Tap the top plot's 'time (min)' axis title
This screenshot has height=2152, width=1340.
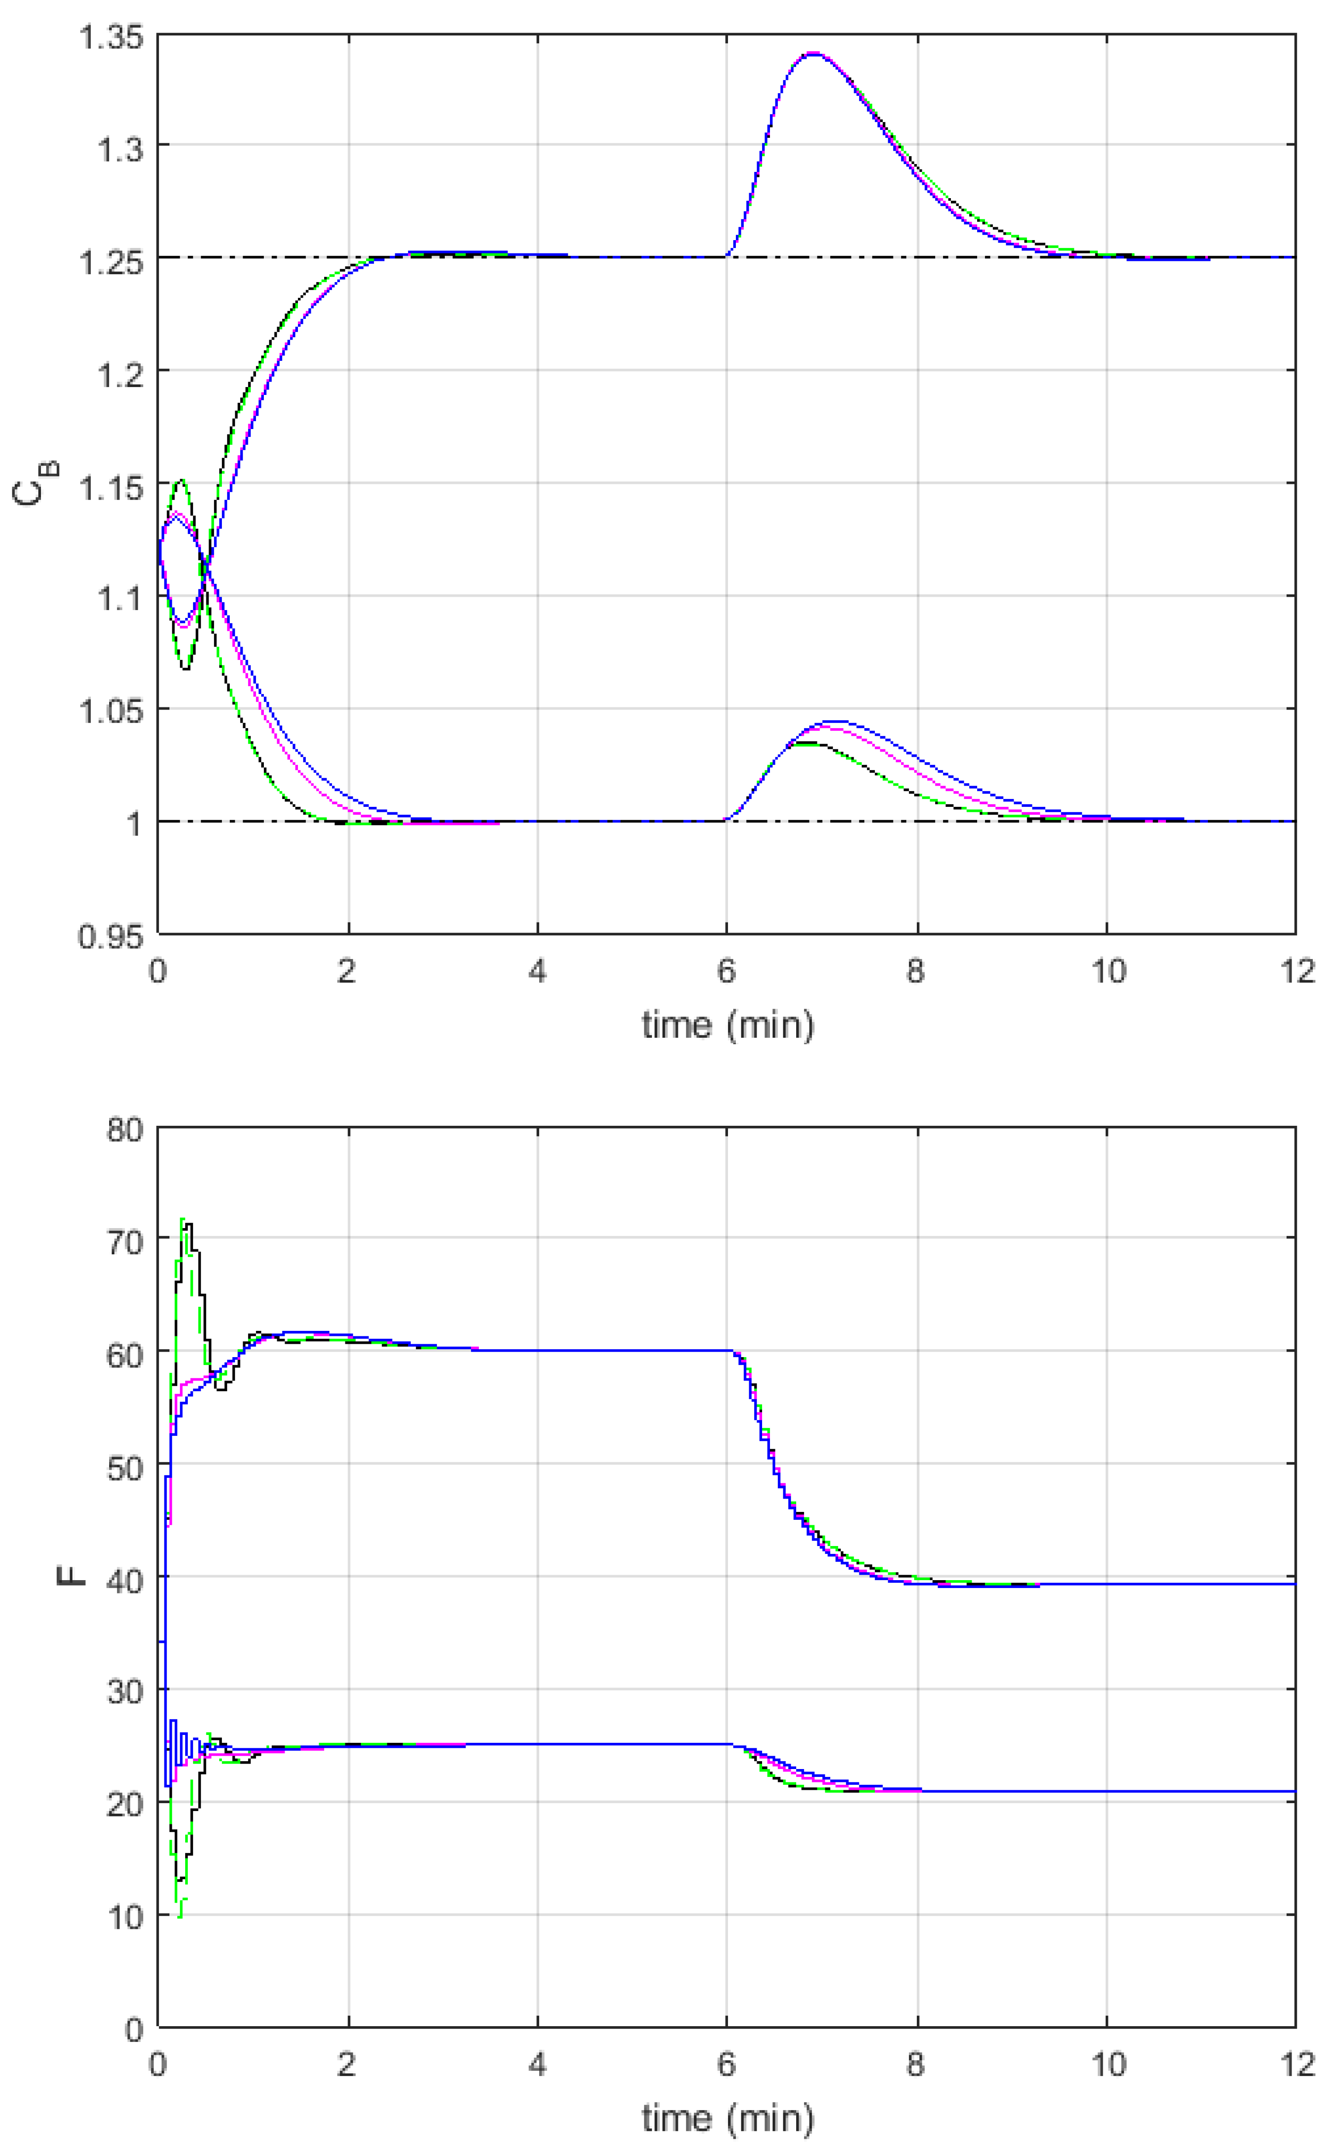click(x=727, y=1026)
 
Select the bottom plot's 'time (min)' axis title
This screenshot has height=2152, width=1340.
click(x=727, y=2119)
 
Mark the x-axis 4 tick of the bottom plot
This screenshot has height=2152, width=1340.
click(x=537, y=2065)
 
